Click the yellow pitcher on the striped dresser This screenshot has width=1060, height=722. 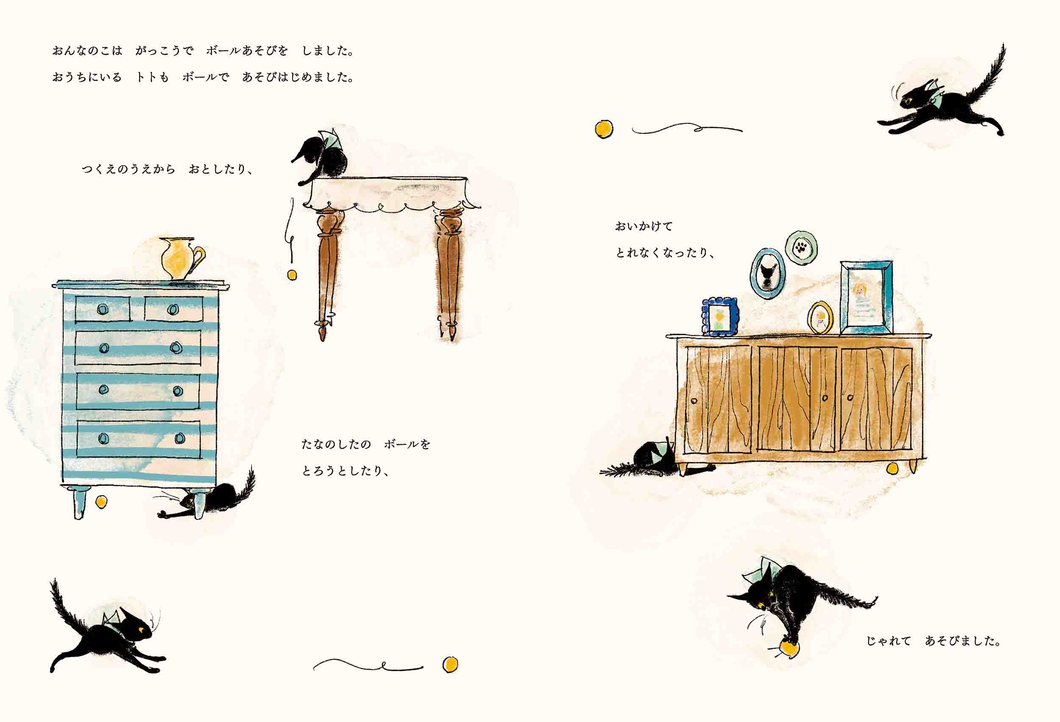point(181,258)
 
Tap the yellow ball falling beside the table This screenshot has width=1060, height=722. point(291,275)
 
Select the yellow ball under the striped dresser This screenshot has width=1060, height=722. point(101,502)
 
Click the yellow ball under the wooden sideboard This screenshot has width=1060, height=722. point(893,468)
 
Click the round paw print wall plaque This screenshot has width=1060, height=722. point(801,247)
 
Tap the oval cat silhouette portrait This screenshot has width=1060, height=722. point(767,273)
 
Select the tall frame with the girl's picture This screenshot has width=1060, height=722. point(866,297)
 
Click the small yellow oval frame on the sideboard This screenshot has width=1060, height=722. point(820,317)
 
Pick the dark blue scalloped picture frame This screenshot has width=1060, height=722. point(720,317)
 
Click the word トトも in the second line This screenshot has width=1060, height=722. point(152,78)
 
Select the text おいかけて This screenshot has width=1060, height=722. point(644,226)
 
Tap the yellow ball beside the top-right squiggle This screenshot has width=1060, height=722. point(604,129)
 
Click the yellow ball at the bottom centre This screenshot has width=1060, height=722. point(450,664)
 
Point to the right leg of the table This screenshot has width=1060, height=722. point(449,273)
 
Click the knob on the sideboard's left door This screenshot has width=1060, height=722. point(695,401)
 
